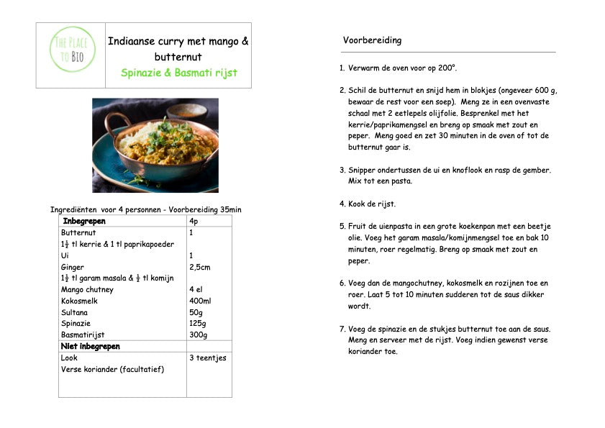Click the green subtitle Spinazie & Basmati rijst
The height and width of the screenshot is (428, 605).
(x=179, y=73)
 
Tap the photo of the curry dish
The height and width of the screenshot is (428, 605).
(x=155, y=145)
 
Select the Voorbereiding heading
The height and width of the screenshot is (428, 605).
(x=372, y=40)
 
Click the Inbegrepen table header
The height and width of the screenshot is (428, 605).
(x=84, y=220)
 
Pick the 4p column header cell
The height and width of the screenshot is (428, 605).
(x=194, y=221)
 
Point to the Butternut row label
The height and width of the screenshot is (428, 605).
(x=78, y=232)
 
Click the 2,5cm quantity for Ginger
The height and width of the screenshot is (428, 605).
(x=200, y=267)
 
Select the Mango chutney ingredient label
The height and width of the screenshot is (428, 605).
(x=87, y=290)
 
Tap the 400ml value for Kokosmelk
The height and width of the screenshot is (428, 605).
(x=200, y=301)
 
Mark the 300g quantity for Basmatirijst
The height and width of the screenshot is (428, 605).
(x=199, y=335)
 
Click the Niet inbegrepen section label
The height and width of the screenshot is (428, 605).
(x=91, y=346)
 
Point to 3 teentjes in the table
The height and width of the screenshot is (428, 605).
(x=207, y=358)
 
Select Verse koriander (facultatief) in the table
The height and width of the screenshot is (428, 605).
(x=112, y=369)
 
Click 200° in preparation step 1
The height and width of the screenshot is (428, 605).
(x=447, y=68)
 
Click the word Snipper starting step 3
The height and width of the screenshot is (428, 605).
(x=363, y=170)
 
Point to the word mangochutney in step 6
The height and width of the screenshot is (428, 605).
(x=411, y=283)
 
